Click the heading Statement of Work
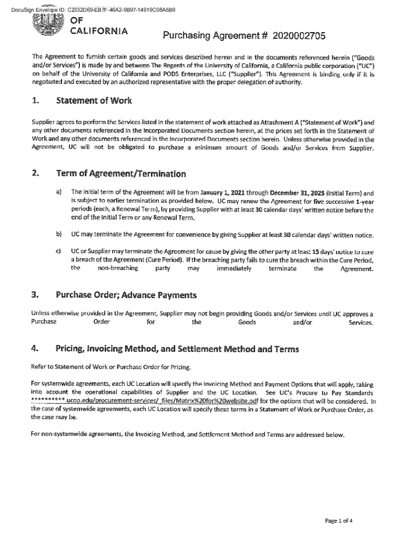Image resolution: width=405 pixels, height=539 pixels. click(94, 100)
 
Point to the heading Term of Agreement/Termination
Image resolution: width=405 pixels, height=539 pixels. click(120, 174)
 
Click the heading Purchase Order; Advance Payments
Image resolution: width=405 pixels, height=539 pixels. click(126, 294)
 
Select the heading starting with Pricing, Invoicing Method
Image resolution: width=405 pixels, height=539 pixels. click(177, 349)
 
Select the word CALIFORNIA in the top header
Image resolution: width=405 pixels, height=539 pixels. click(99, 31)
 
